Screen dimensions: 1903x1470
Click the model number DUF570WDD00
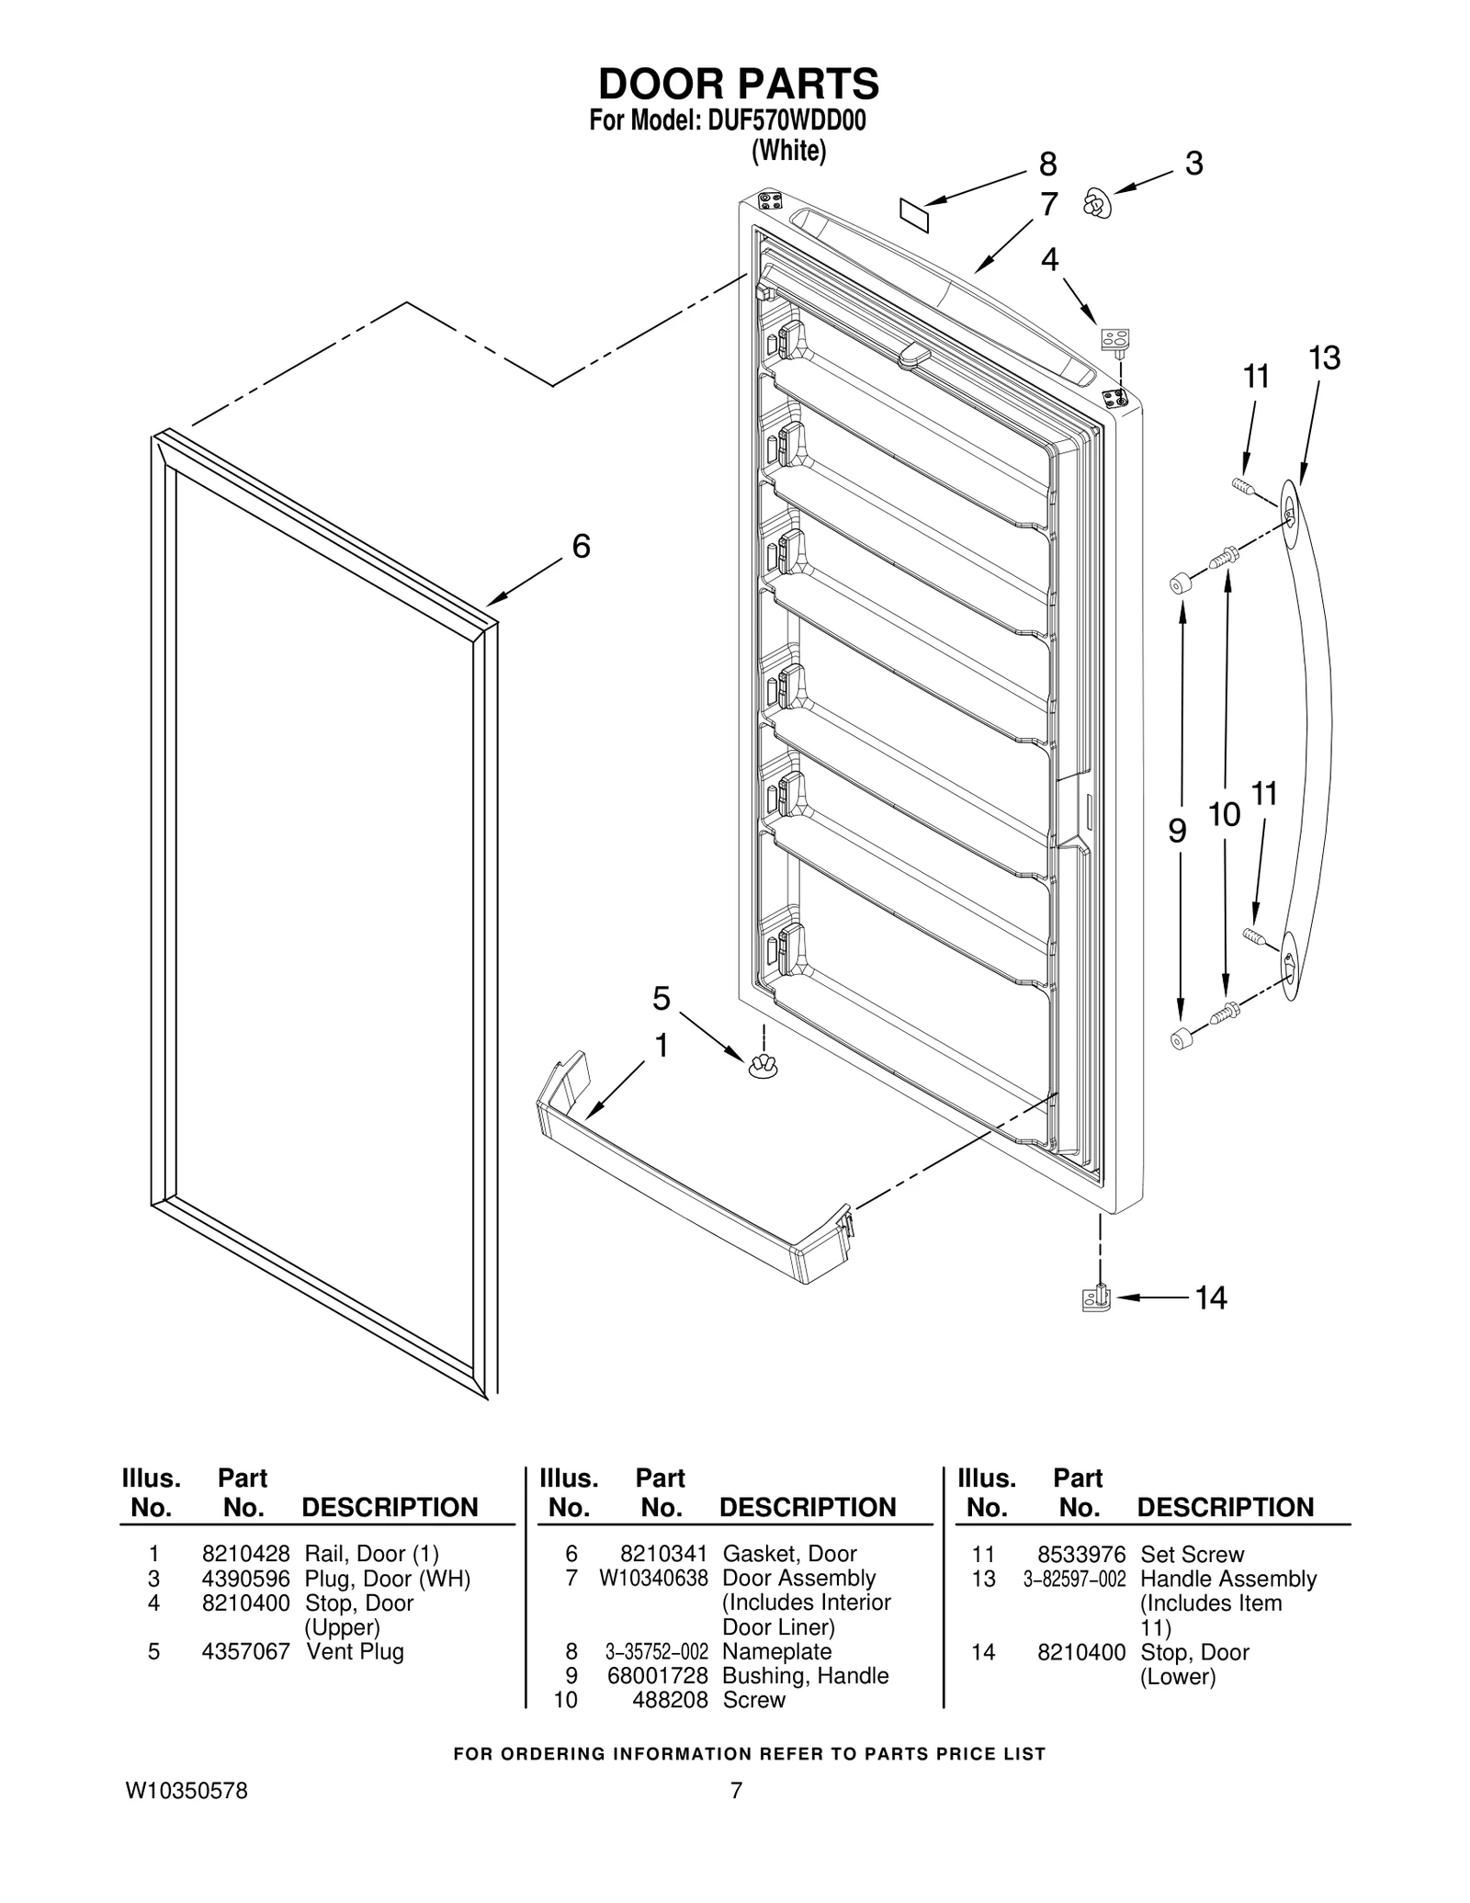coord(786,122)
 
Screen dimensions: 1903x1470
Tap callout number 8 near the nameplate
coord(1047,164)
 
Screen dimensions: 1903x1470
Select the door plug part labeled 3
coord(1096,204)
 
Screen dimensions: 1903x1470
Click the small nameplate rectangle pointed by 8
coord(914,216)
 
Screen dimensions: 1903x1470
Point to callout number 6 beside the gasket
coord(581,547)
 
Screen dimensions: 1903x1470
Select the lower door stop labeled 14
coord(1097,1297)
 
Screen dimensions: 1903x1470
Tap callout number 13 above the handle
coord(1324,357)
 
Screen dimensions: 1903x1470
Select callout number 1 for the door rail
coord(661,1046)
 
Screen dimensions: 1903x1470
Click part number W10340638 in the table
coord(653,1579)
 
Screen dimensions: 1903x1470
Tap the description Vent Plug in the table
coord(355,1651)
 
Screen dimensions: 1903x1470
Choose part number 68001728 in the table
coord(657,1675)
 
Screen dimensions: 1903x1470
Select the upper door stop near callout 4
coord(1114,340)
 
